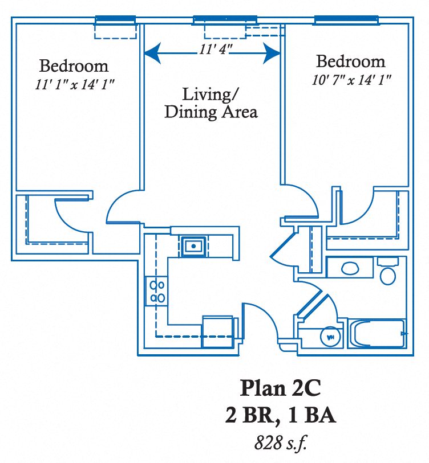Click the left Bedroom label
pyautogui.click(x=74, y=65)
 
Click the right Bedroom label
pyautogui.click(x=351, y=61)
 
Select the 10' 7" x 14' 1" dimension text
pyautogui.click(x=351, y=80)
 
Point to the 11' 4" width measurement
pyautogui.click(x=212, y=50)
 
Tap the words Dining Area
pyautogui.click(x=211, y=112)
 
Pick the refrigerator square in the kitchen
pyautogui.click(x=218, y=329)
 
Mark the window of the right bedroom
pyautogui.click(x=346, y=21)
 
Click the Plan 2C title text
pyautogui.click(x=280, y=388)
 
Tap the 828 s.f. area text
pyautogui.click(x=280, y=442)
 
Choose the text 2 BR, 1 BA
pyautogui.click(x=280, y=416)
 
